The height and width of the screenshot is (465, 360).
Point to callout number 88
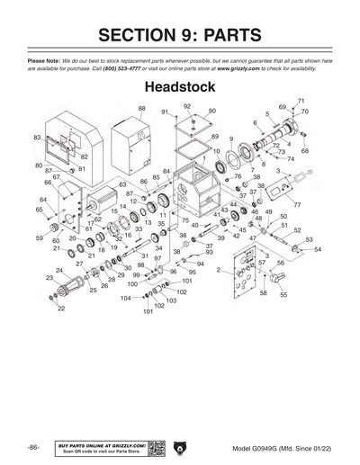(x=141, y=108)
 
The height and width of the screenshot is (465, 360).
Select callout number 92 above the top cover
(x=186, y=106)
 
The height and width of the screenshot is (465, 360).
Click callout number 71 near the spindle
(x=301, y=100)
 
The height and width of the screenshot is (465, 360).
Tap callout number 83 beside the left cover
(x=38, y=138)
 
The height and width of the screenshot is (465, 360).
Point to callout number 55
(x=283, y=295)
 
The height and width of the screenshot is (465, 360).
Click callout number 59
(x=40, y=238)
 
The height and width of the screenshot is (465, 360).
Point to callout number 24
(x=59, y=271)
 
